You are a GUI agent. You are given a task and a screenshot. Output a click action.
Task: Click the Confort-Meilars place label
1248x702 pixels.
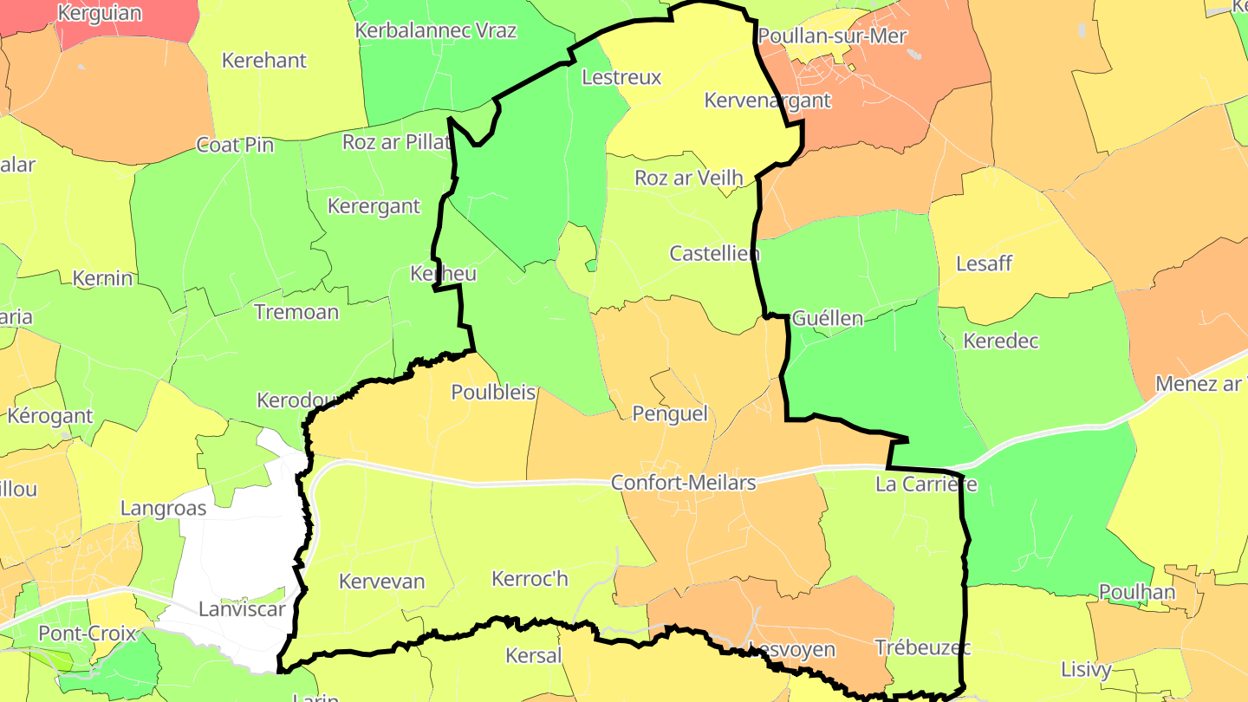[683, 483]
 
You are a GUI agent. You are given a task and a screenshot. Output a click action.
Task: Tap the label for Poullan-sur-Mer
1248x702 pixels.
[831, 36]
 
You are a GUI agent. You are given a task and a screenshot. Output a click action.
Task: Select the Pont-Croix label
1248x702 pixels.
[88, 634]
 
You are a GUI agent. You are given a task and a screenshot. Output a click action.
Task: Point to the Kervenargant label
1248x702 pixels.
[767, 101]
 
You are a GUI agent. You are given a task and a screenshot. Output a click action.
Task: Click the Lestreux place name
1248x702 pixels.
[621, 77]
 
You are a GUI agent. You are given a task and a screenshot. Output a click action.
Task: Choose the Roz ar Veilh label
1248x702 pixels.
[689, 179]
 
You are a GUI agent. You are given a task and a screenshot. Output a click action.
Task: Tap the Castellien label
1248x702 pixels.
[714, 254]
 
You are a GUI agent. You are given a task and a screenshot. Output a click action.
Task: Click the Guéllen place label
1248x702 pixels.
[828, 318]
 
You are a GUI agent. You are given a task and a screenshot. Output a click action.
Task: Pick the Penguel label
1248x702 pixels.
[670, 413]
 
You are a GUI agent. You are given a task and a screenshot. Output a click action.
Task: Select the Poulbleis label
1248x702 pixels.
[493, 393]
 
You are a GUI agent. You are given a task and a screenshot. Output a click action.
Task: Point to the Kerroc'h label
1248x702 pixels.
[530, 578]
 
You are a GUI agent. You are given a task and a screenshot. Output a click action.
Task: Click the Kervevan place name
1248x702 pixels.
[382, 581]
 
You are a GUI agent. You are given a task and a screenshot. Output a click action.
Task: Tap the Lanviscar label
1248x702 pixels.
[242, 609]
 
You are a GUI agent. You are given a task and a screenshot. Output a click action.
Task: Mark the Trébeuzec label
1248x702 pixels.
[923, 647]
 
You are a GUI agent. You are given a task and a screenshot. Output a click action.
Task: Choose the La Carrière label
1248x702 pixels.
[926, 484]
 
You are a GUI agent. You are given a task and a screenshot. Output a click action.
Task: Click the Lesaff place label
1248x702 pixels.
[984, 263]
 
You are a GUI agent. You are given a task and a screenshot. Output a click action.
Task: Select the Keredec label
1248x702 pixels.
[1001, 341]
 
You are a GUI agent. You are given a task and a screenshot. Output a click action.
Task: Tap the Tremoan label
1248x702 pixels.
[296, 312]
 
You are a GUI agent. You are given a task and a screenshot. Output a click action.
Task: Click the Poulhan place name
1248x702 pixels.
[1137, 592]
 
